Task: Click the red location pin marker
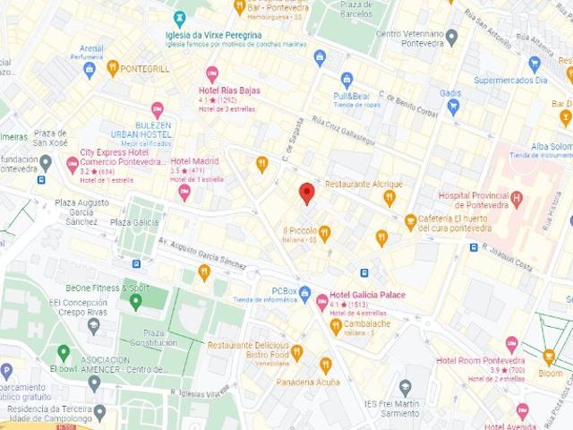[306, 193]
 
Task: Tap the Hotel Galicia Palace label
[367, 295]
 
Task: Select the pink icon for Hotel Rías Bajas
[212, 74]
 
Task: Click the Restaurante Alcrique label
[363, 184]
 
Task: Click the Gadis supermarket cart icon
[453, 107]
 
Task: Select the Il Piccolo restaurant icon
[324, 233]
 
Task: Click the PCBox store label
[284, 291]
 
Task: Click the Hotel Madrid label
[194, 161]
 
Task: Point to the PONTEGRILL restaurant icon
[113, 67]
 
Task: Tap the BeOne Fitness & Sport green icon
[136, 302]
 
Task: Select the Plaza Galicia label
[133, 222]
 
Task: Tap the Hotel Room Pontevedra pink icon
[511, 344]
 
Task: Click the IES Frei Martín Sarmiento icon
[405, 387]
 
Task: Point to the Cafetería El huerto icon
[410, 220]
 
